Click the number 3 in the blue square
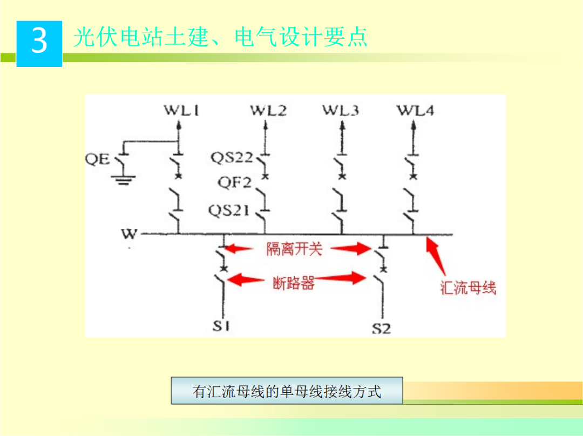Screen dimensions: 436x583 click(x=39, y=42)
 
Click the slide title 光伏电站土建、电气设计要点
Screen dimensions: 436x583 click(x=220, y=37)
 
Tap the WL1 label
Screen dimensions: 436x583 click(x=181, y=111)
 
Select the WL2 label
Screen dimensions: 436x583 click(x=268, y=111)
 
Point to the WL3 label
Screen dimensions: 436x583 click(x=341, y=111)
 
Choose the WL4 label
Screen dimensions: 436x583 click(x=415, y=111)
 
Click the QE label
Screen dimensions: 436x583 click(x=98, y=159)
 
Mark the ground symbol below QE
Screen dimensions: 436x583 click(x=123, y=180)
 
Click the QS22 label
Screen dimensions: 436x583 click(x=232, y=158)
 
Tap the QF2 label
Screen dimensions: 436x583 click(x=235, y=183)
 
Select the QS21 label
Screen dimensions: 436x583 click(x=229, y=210)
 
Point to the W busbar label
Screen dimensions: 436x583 click(x=130, y=234)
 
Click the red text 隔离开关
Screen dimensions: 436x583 click(x=294, y=249)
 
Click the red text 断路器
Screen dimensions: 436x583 click(x=294, y=283)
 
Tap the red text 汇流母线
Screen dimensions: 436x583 click(x=468, y=288)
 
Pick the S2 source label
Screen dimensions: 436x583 click(x=381, y=328)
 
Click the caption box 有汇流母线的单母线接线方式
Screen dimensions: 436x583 click(x=287, y=391)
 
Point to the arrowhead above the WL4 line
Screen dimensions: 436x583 click(x=414, y=125)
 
